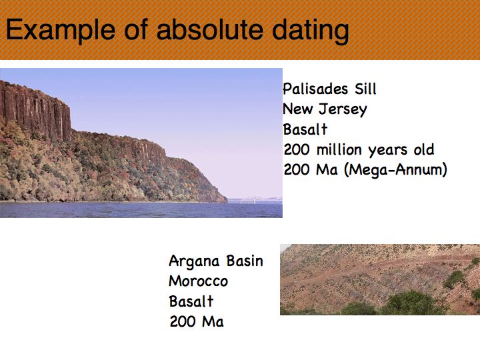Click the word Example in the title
61,30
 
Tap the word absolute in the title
210,29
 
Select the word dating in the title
311,31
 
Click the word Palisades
315,89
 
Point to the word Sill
365,89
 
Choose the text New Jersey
325,109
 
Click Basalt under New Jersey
305,129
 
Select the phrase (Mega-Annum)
395,170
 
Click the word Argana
194,262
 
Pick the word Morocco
199,281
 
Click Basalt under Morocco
191,301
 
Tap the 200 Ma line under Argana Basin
197,321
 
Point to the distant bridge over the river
255,199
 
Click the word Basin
245,261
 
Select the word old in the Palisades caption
424,150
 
